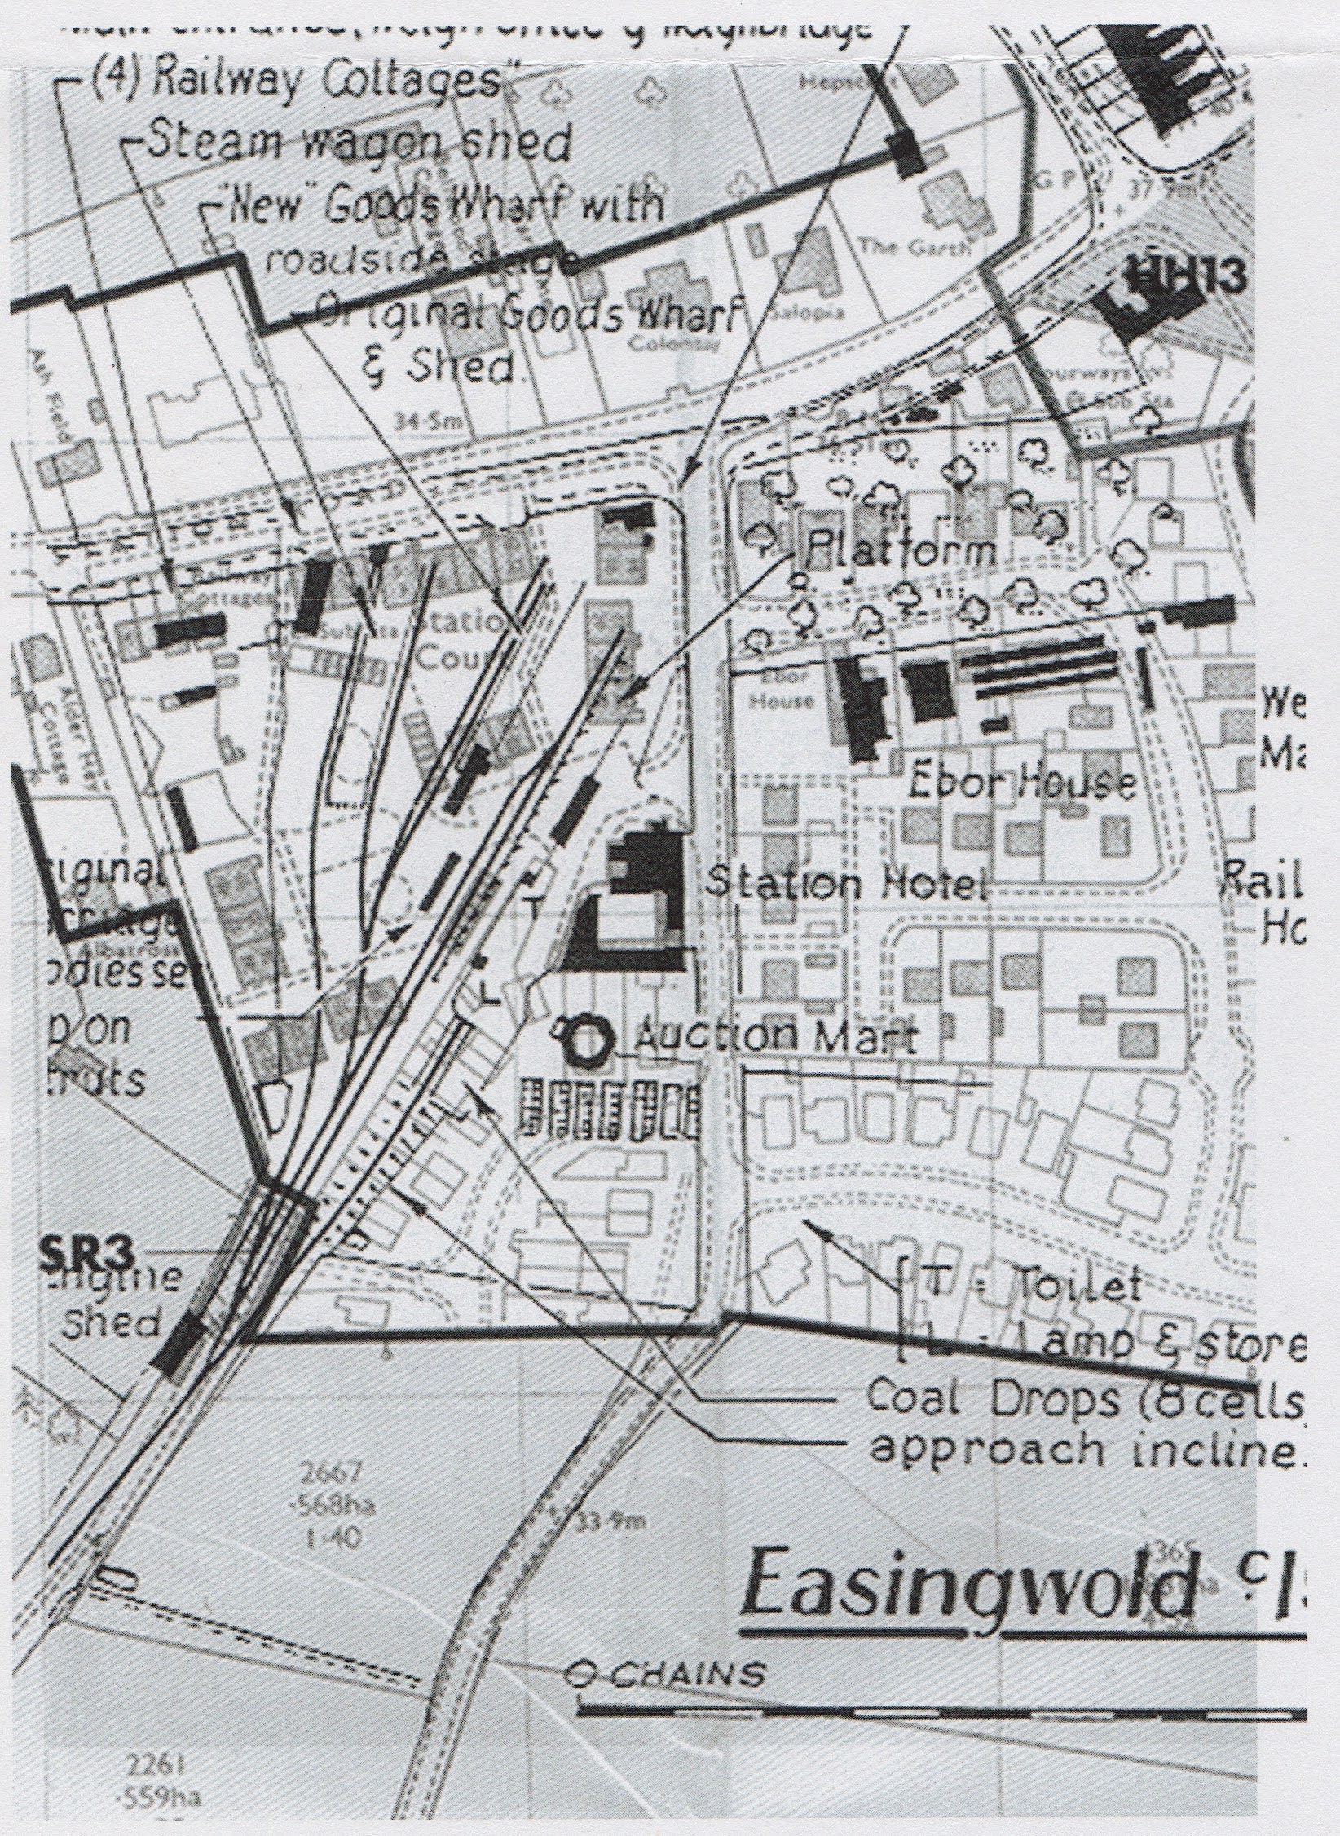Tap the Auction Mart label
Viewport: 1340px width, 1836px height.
[775, 1038]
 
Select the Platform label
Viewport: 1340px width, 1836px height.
[900, 553]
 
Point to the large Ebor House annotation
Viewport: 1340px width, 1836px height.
[1023, 783]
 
